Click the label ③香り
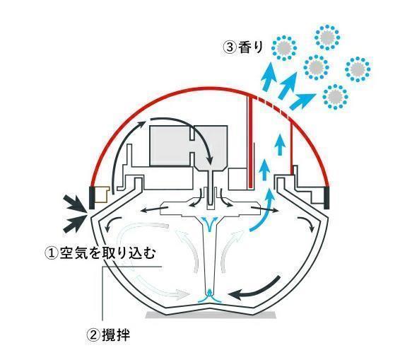pos(243,47)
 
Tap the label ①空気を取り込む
pos(100,252)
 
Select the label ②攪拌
pos(109,335)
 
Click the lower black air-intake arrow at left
pos(75,223)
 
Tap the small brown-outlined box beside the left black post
pos(102,194)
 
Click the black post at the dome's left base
pos(92,198)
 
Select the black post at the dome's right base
pos(327,198)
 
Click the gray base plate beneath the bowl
pos(211,315)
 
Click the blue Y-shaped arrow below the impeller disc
pos(210,224)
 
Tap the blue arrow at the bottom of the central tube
pos(210,296)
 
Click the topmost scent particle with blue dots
pos(327,37)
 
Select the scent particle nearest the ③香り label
pos(284,48)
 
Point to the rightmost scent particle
pos(358,69)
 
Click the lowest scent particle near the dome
pos(335,96)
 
